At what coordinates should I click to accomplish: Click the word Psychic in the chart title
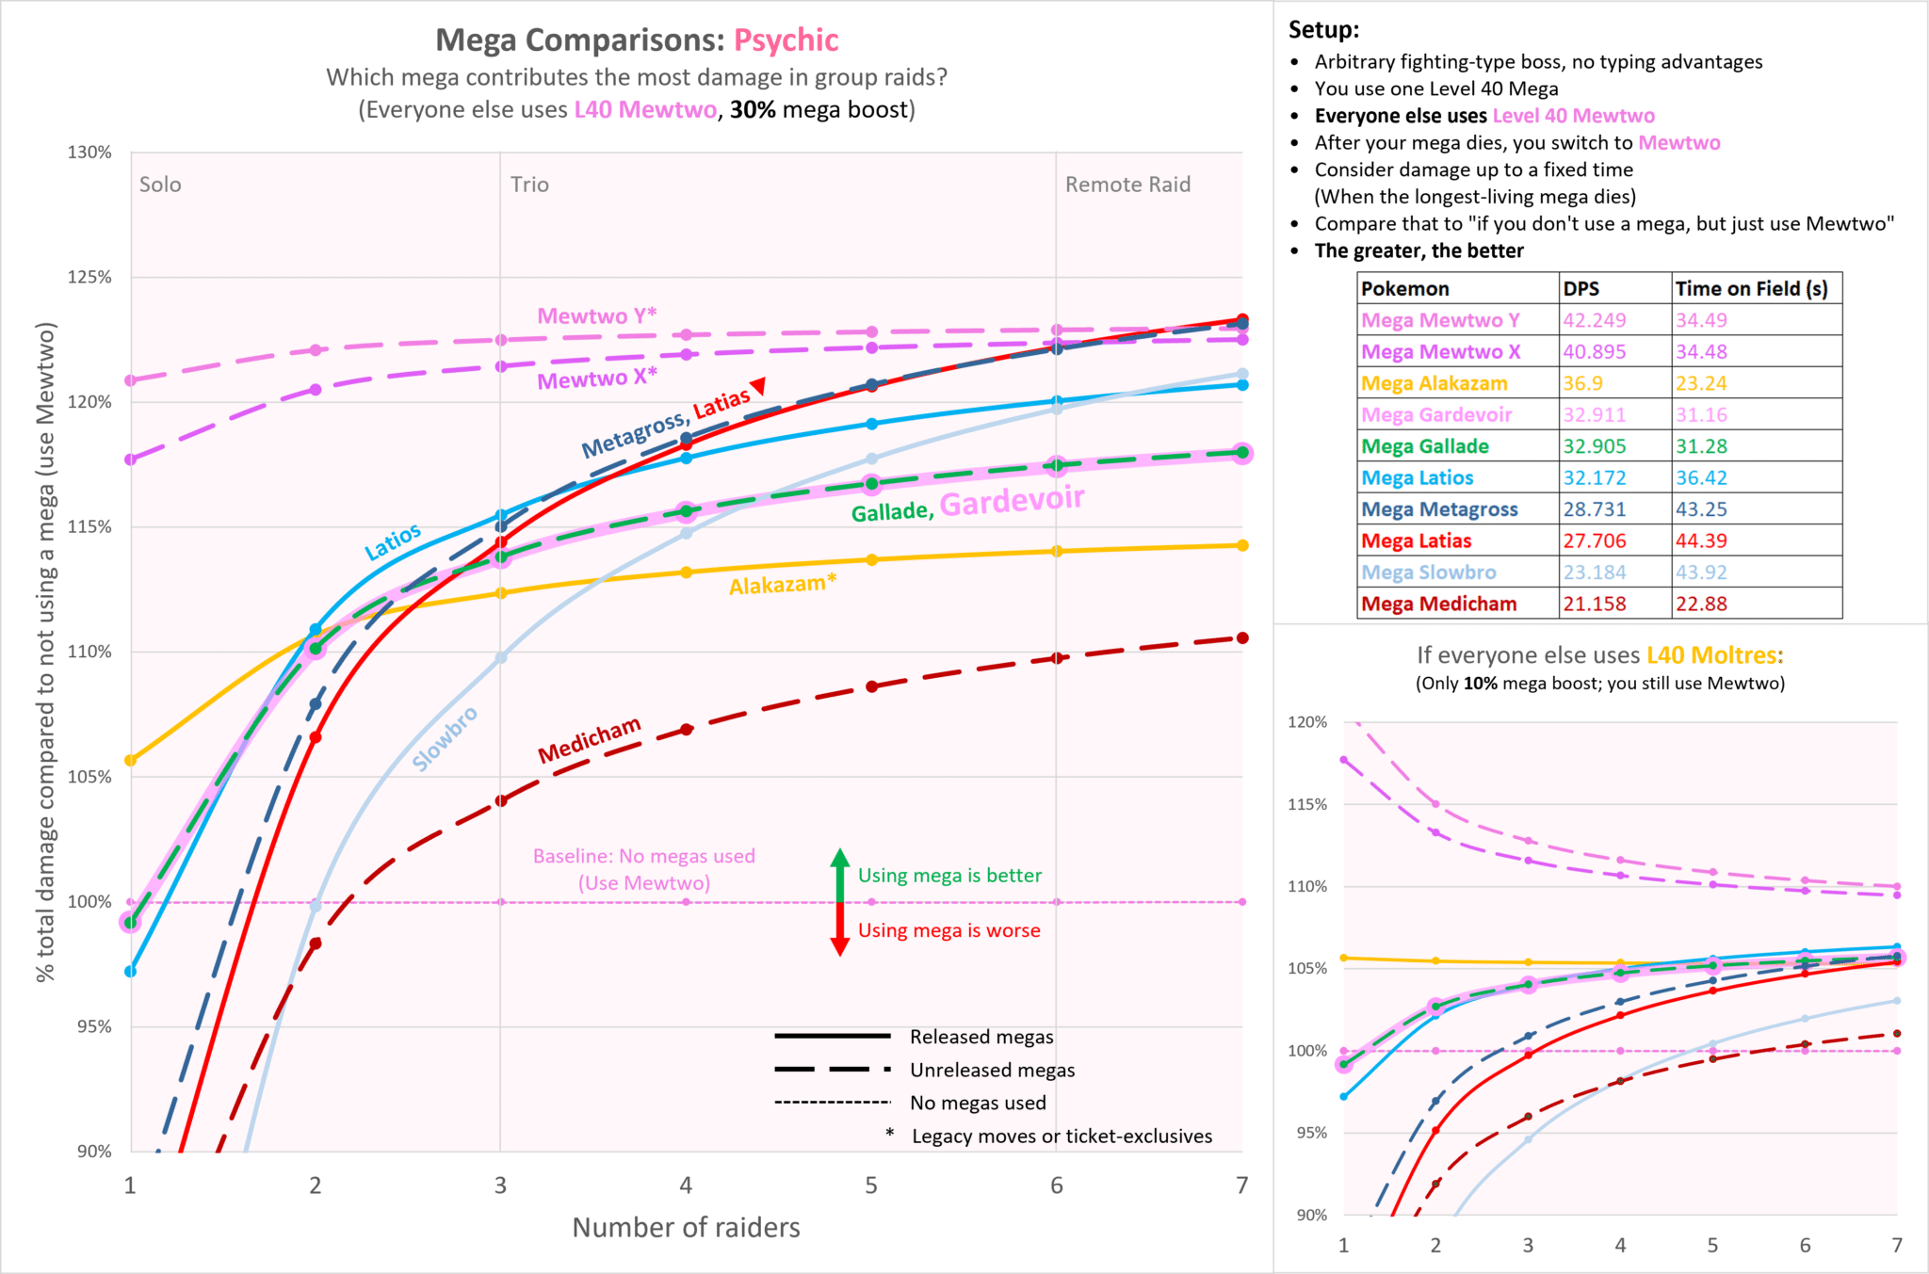(786, 40)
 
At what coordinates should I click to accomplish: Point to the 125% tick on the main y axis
(89, 277)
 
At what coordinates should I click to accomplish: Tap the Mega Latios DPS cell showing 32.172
(1594, 477)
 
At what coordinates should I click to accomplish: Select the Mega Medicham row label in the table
(1438, 604)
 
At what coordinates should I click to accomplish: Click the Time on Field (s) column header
(1751, 289)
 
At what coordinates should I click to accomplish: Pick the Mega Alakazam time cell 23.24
(1701, 383)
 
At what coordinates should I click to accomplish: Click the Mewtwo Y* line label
(596, 315)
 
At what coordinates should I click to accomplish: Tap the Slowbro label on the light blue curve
(445, 738)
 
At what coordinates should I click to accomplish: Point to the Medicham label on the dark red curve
(589, 740)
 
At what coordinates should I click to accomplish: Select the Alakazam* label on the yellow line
(782, 585)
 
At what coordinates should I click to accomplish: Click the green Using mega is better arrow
(839, 873)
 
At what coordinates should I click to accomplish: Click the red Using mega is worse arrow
(839, 931)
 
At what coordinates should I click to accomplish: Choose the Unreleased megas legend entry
(992, 1070)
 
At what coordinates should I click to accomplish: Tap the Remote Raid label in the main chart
(1127, 185)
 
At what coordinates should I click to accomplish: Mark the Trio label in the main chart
(529, 185)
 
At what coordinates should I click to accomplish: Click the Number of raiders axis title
(686, 1227)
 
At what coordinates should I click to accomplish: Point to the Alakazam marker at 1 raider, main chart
(131, 760)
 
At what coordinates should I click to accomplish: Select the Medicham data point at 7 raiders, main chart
(1242, 638)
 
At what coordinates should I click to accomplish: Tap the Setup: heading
(1323, 29)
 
